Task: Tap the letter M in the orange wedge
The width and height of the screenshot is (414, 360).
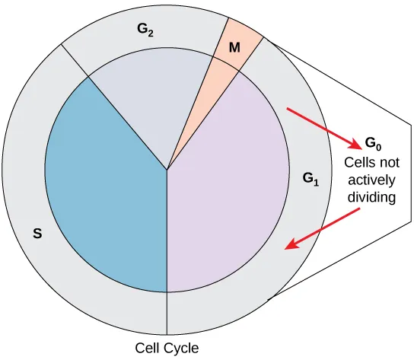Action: [235, 47]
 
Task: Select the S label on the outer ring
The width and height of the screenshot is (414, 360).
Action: [37, 234]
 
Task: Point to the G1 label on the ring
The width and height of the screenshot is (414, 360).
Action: [310, 180]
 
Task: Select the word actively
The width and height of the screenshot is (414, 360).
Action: [371, 180]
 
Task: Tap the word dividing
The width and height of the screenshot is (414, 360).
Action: [371, 199]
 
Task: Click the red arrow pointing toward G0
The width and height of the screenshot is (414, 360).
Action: [323, 129]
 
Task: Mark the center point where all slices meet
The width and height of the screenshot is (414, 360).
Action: [167, 170]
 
